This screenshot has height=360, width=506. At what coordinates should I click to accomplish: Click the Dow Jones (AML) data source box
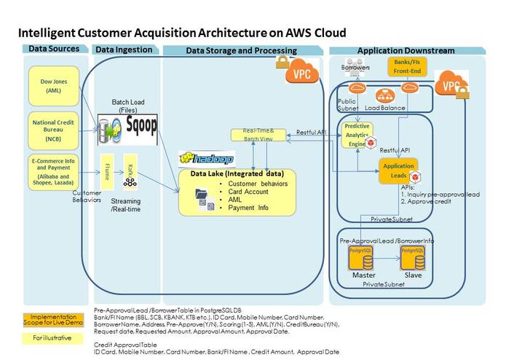point(54,86)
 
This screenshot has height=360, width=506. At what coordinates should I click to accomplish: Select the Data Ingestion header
point(124,50)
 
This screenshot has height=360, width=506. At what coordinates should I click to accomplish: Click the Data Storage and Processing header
point(241,50)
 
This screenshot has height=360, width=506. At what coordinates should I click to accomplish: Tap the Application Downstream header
point(406,50)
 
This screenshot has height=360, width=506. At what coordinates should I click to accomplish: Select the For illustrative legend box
point(52,337)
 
